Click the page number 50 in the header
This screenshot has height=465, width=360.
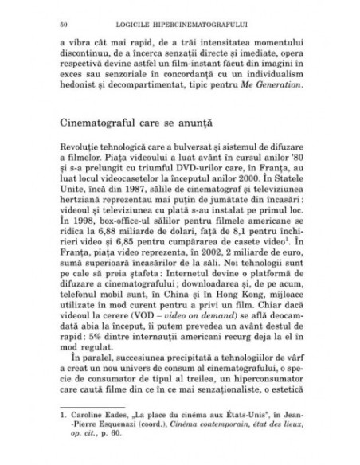(52, 17)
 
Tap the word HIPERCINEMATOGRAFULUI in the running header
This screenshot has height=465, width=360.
(209, 17)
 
